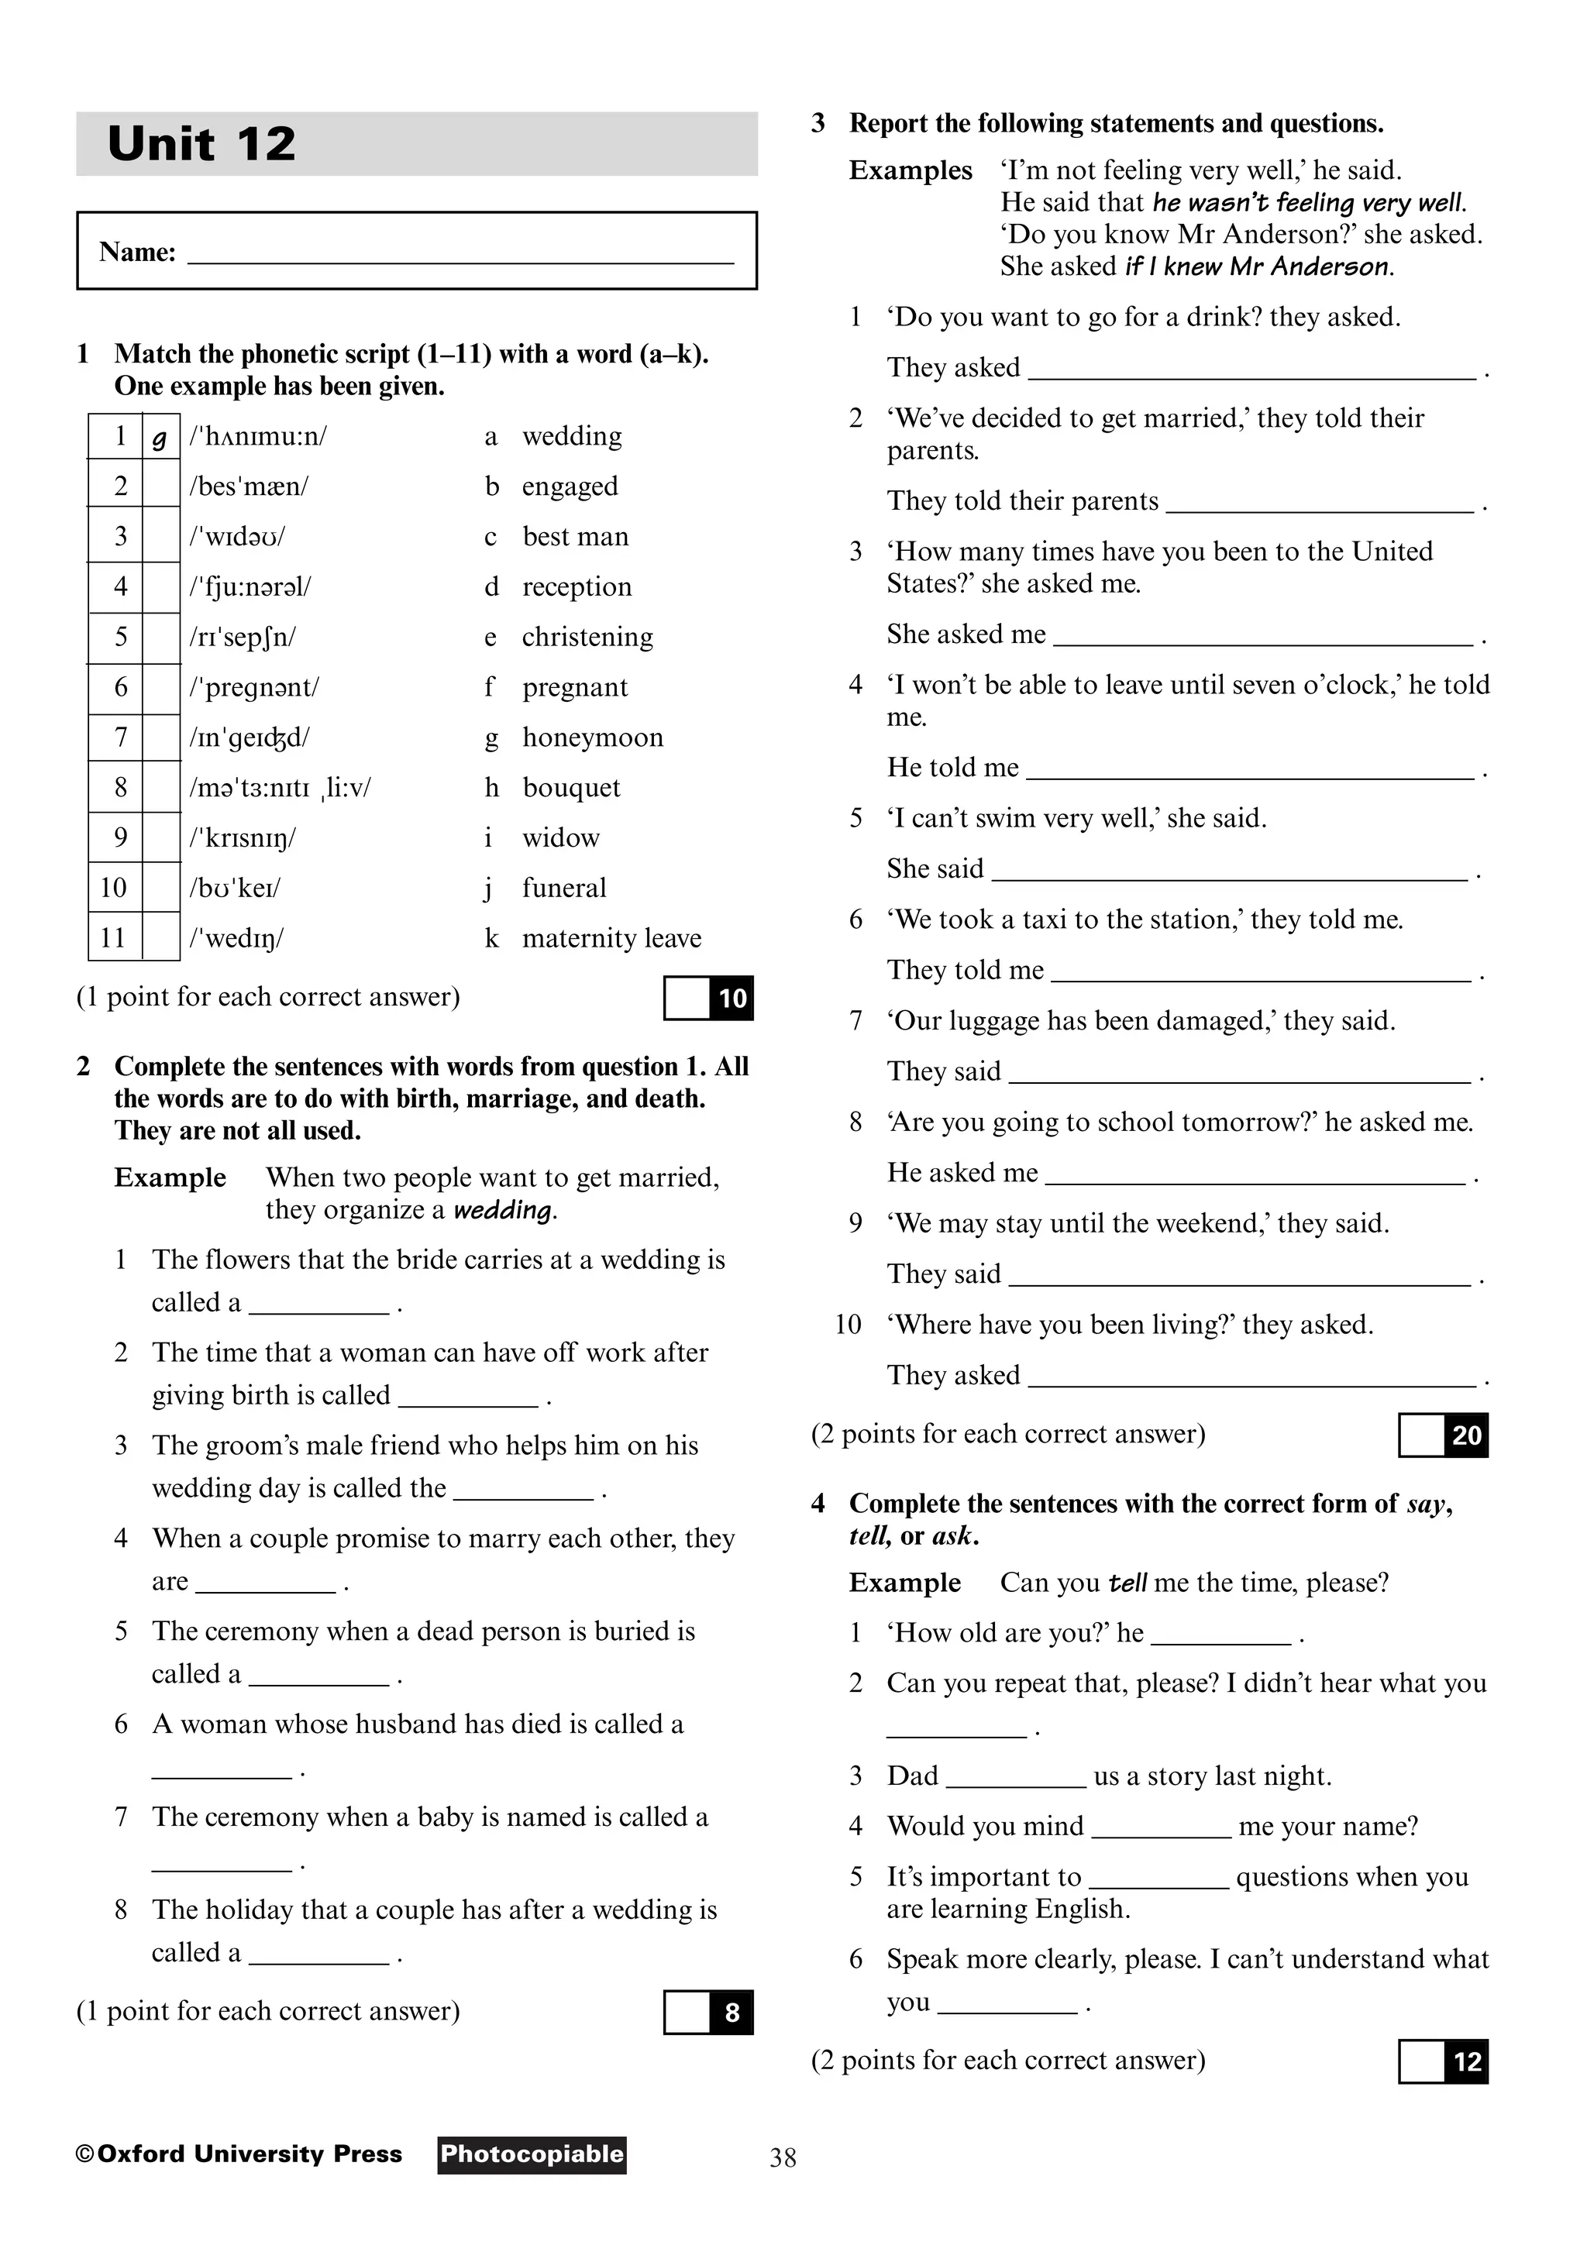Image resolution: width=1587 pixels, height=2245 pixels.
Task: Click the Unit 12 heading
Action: pos(201,144)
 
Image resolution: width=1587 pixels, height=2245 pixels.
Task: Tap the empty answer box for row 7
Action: pos(160,738)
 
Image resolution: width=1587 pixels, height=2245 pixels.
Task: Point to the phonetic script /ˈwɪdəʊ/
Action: pos(238,537)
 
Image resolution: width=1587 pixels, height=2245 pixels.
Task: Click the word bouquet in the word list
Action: pos(571,788)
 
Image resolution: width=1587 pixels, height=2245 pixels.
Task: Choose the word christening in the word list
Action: pos(587,638)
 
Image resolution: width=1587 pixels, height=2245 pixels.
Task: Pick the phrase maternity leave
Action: pos(611,939)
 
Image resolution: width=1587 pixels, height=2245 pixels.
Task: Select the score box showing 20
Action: pos(1444,1435)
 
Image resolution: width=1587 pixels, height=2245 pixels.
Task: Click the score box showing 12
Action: pos(1444,2062)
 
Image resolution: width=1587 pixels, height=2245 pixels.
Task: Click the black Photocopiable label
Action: pos(531,2155)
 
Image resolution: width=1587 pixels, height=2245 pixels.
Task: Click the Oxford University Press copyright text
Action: pos(239,2155)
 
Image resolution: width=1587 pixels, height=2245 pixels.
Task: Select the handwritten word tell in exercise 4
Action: pos(1127,1583)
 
